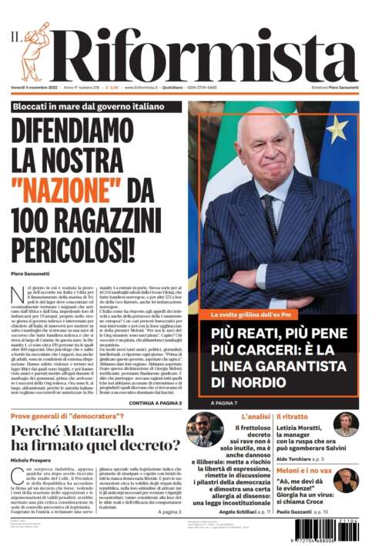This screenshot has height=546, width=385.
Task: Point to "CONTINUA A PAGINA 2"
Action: tap(155, 403)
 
